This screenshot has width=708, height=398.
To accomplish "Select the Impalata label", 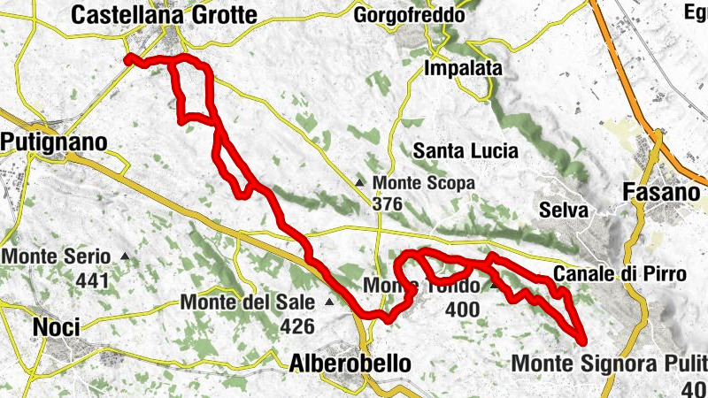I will [x=464, y=68].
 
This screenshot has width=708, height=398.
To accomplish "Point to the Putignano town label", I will [x=54, y=142].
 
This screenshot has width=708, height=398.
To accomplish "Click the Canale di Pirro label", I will [x=619, y=274].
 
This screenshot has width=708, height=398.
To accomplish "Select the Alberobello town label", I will [x=350, y=363].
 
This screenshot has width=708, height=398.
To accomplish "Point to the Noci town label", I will [x=57, y=326].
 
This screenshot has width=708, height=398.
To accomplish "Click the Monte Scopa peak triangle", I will [x=360, y=183].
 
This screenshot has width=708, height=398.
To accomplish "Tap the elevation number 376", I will [x=388, y=204].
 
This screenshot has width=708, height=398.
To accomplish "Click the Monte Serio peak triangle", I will [x=125, y=257].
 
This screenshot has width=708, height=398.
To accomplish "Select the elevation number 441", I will [x=92, y=281].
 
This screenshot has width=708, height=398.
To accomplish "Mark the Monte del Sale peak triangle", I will [x=329, y=302].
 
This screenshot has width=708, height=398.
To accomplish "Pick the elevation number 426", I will [x=296, y=326].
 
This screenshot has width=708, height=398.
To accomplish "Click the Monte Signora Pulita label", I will [x=610, y=363].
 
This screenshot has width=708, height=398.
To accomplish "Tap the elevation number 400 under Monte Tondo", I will [x=463, y=310].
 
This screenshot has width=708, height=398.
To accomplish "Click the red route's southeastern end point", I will [x=583, y=340].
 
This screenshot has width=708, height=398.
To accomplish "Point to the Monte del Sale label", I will [x=247, y=302].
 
